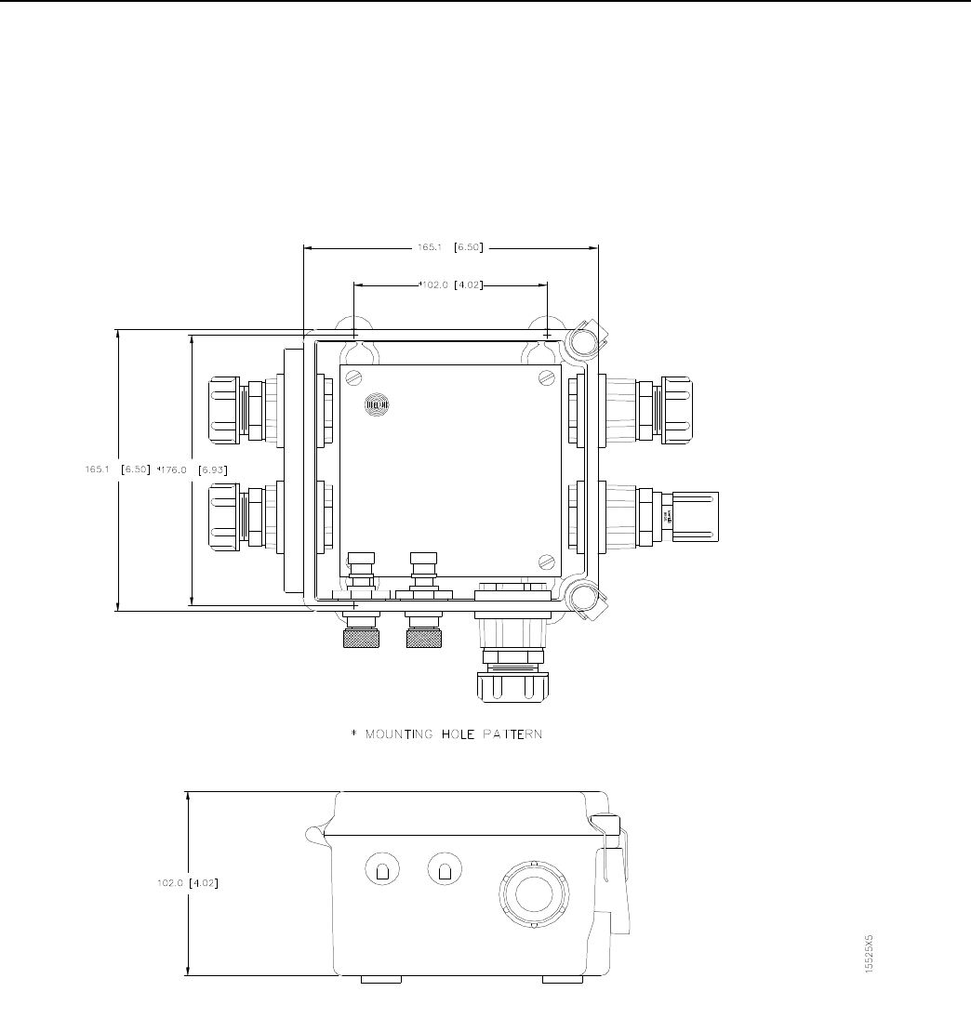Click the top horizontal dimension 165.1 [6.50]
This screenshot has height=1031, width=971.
tap(451, 248)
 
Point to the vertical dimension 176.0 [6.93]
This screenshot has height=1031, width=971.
tap(188, 469)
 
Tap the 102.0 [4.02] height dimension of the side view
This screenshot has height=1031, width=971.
tap(188, 883)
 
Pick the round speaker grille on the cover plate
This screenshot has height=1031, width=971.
tap(376, 404)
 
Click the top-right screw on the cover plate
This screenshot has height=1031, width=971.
tap(546, 377)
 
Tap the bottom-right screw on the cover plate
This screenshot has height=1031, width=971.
tap(547, 561)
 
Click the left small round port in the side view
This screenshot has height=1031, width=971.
tap(379, 870)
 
